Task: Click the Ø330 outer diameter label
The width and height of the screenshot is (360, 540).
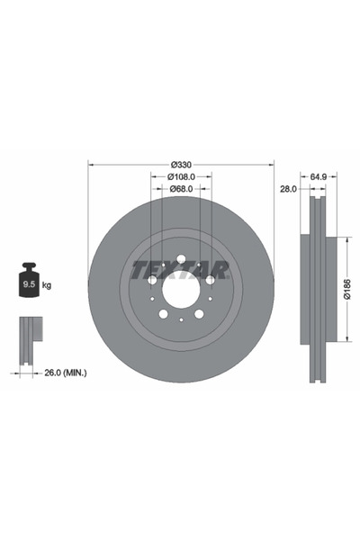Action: tap(181, 164)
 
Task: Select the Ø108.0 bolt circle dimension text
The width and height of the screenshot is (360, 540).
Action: tap(181, 176)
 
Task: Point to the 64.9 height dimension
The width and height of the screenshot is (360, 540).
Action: tap(317, 176)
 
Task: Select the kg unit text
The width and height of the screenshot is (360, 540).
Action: tap(46, 284)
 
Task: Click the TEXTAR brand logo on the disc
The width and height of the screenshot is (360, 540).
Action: tap(181, 268)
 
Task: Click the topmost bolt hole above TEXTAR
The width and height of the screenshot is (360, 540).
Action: tap(181, 260)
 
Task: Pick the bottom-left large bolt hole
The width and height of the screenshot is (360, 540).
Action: tap(164, 312)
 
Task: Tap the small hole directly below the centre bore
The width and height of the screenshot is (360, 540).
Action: tap(181, 319)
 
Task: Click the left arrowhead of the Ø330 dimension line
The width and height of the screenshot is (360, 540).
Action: tap(91, 165)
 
